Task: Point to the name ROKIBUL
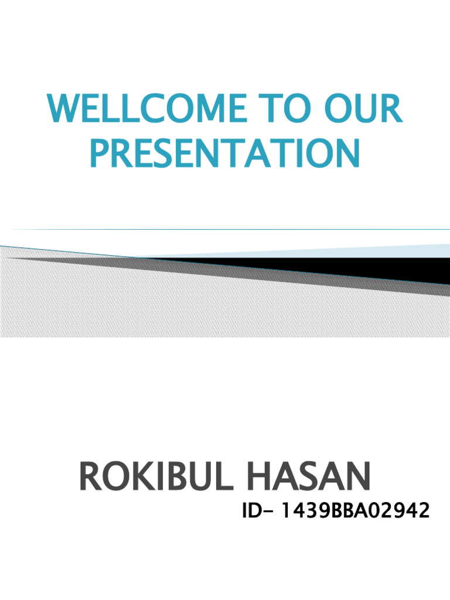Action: coord(154,476)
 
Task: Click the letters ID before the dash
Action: coord(251,511)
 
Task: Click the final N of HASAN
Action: coord(358,476)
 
